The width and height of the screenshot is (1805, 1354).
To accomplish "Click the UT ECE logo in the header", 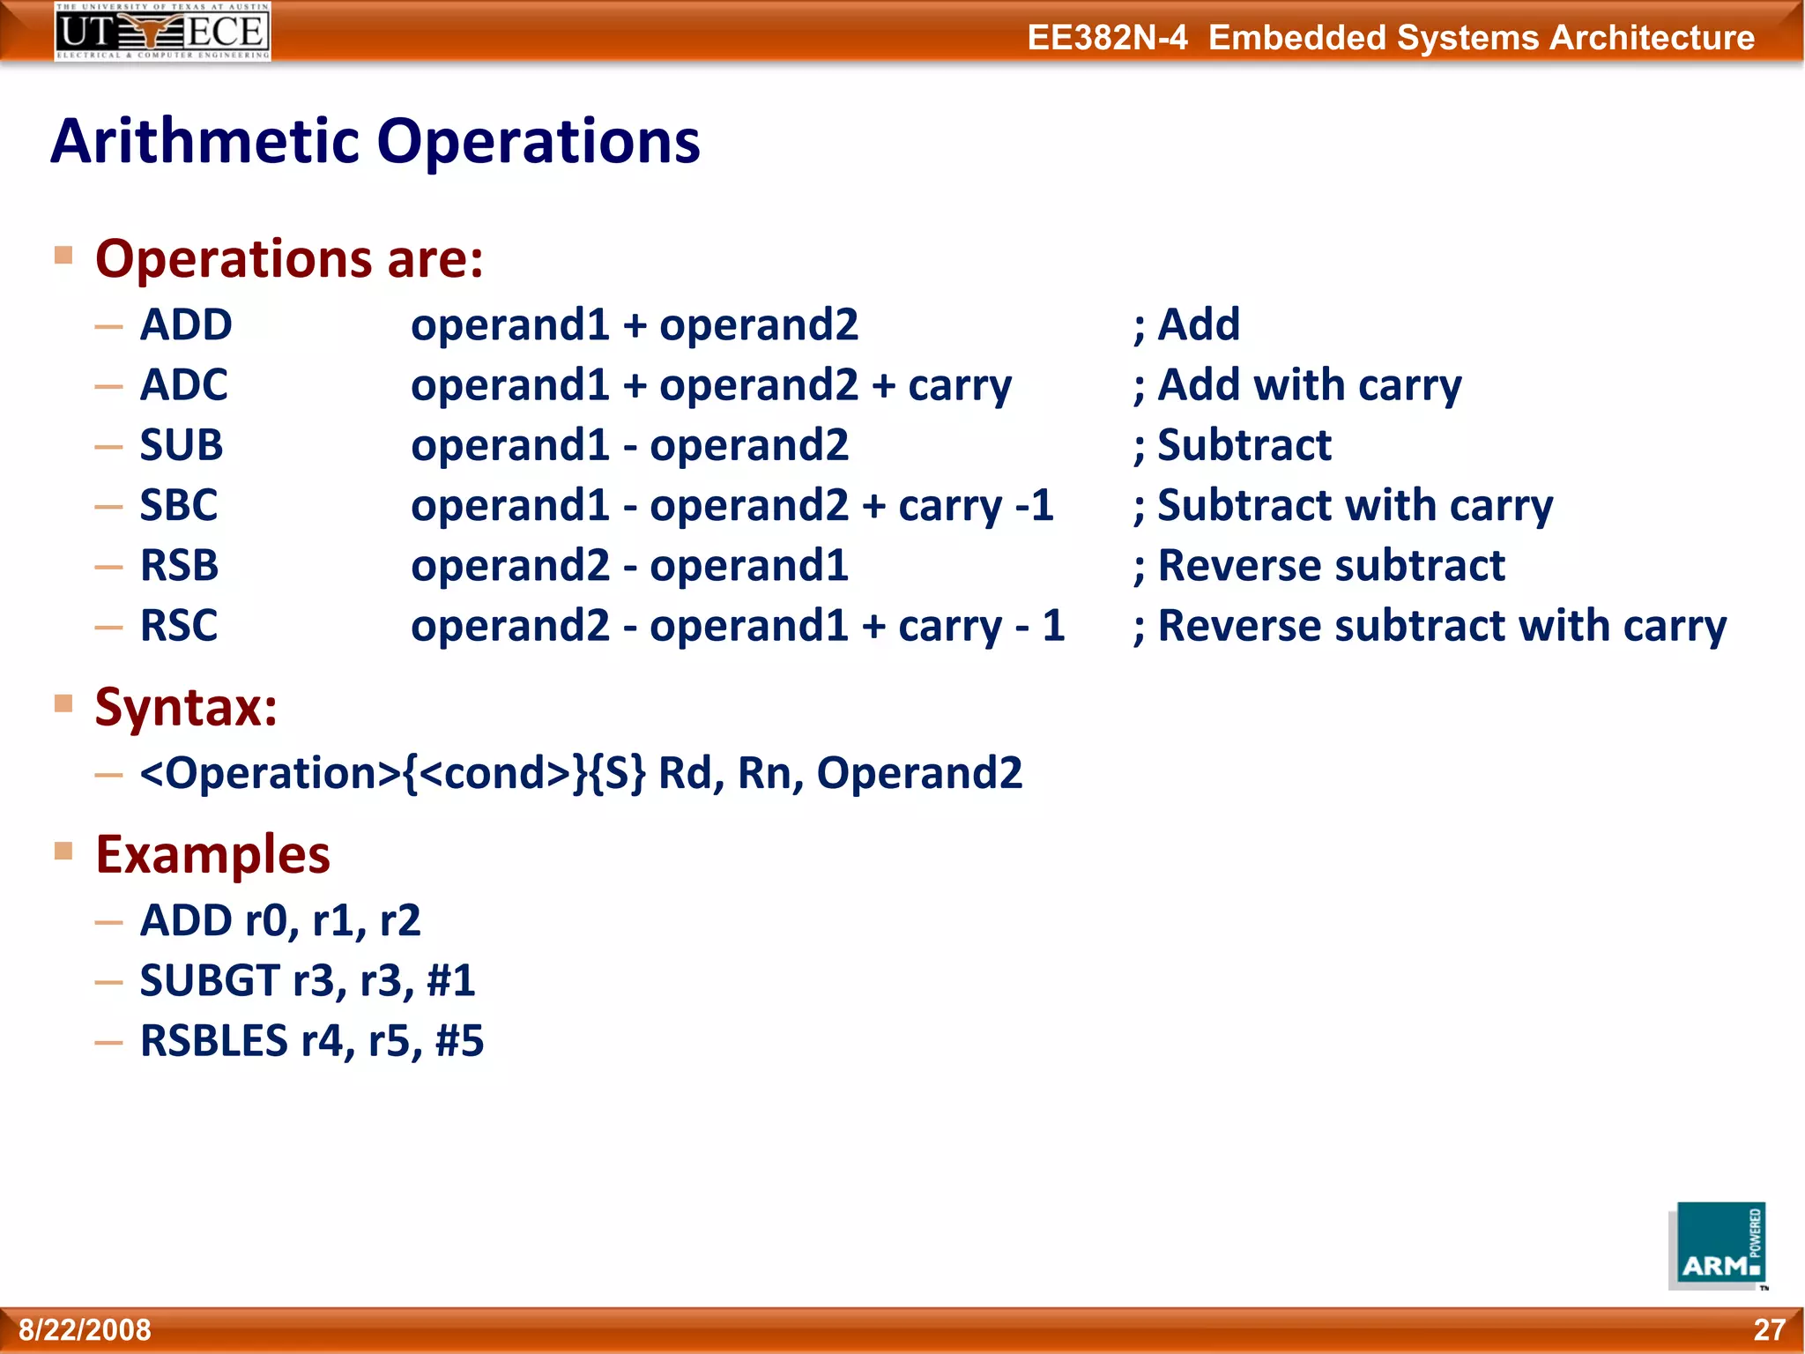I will (162, 32).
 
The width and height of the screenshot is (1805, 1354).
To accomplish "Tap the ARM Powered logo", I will (1718, 1246).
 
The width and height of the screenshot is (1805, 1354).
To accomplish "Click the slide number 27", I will (1769, 1329).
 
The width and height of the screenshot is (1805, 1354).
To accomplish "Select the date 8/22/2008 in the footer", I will (85, 1329).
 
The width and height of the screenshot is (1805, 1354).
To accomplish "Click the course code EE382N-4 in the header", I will (1107, 38).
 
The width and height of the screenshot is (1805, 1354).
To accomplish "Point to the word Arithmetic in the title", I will (205, 142).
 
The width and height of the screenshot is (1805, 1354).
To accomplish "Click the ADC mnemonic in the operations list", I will (184, 385).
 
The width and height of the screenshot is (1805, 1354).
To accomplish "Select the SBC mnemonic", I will (179, 506).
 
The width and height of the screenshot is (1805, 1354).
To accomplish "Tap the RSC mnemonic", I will (179, 626).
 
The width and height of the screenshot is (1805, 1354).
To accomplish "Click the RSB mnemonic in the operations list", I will (180, 566).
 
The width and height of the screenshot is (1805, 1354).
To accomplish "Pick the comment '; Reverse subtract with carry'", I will (1429, 627).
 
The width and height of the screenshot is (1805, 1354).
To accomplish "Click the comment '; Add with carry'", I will (1296, 386).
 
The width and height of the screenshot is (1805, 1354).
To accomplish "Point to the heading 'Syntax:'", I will (186, 707).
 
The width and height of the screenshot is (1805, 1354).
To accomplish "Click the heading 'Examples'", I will (212, 855).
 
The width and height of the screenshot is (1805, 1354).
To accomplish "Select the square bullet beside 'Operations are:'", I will (63, 256).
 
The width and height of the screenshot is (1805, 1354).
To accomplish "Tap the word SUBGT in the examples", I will (210, 981).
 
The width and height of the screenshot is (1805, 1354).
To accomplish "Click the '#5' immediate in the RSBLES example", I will (459, 1041).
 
